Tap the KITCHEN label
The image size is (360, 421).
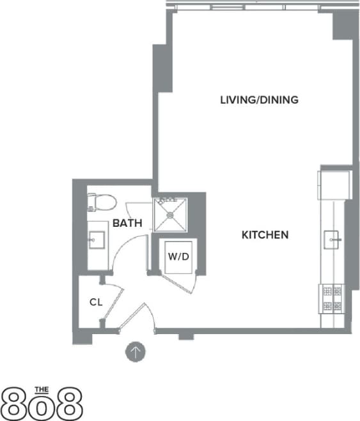coord(265,235)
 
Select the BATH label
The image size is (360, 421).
coord(127,224)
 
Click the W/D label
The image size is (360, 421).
coord(178,257)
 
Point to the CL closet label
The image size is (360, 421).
coord(96,302)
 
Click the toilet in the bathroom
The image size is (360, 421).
coord(102,203)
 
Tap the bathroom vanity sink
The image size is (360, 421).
coord(98,241)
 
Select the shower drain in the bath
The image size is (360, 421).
coord(170,215)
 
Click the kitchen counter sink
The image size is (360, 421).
coord(333,240)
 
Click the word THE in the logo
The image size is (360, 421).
coord(42,388)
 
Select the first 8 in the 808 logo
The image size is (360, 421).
coord(17,403)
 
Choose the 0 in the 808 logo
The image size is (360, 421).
coord(42,405)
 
